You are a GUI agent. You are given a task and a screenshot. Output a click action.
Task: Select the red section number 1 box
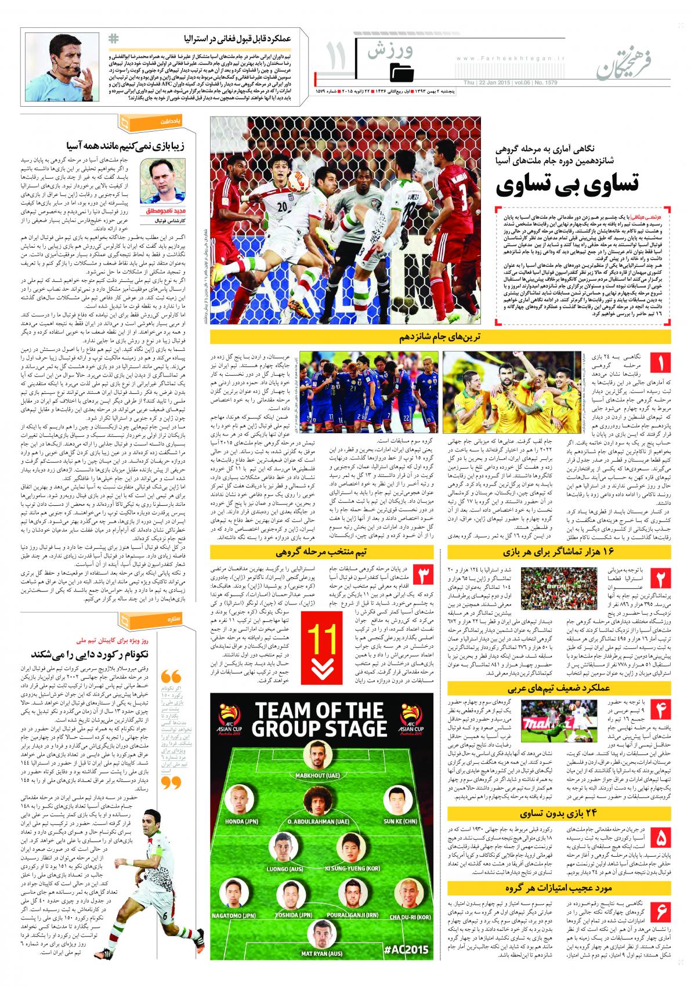pyautogui.click(x=661, y=365)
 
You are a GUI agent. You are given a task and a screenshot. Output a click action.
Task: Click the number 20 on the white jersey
pyautogui.click(x=281, y=207)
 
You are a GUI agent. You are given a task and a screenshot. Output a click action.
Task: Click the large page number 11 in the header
pyautogui.click(x=337, y=56)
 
